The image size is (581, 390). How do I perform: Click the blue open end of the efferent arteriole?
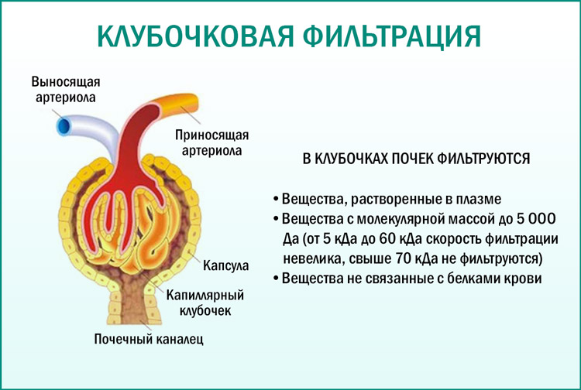61,125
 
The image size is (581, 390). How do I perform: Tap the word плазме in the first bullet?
472,198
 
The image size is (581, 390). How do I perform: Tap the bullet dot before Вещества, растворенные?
276,199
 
